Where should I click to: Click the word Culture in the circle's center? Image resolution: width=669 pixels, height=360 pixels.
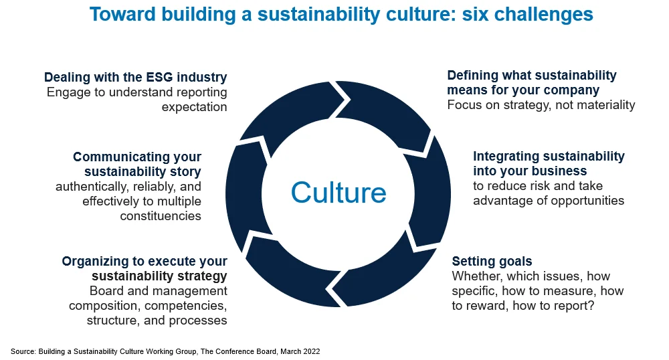point(339,193)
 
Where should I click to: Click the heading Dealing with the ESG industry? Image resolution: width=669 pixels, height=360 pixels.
point(136,77)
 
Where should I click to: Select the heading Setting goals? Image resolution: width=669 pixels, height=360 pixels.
point(492,261)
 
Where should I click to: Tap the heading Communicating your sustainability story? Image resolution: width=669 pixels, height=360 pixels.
point(137,165)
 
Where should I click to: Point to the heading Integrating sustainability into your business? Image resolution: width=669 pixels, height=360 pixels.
point(549,164)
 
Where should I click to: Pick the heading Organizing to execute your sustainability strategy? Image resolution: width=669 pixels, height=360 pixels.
point(145,268)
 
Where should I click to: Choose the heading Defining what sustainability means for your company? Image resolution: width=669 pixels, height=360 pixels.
point(532,82)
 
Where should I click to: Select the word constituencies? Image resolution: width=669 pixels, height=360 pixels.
point(161,215)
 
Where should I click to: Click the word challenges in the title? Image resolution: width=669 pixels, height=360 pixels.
point(543,14)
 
